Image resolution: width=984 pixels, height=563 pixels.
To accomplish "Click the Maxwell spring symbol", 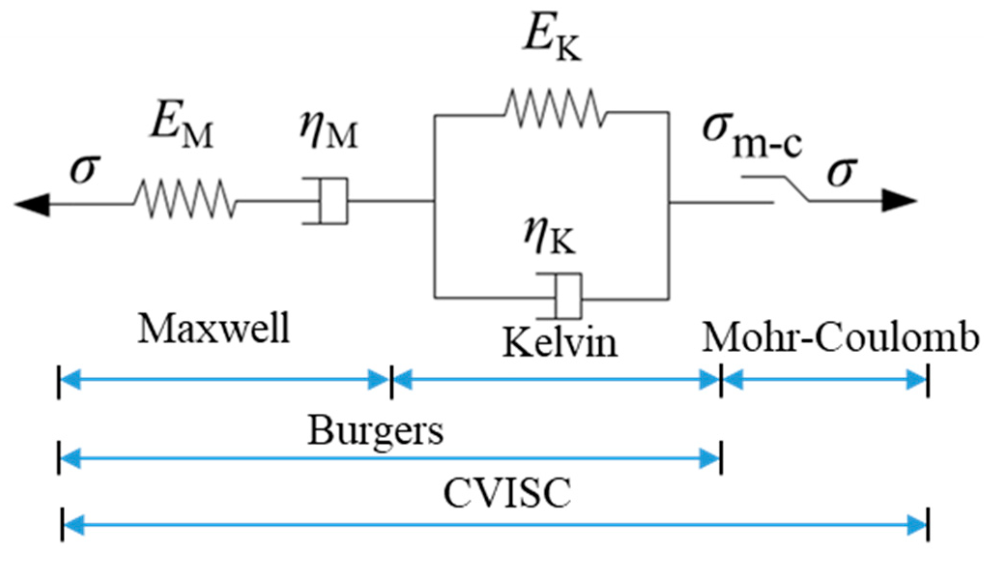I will tap(185, 199).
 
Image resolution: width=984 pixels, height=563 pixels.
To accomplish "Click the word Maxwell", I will tap(214, 329).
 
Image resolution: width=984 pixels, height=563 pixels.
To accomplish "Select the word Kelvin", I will tap(560, 342).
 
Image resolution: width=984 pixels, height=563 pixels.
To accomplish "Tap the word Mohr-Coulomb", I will tap(840, 337).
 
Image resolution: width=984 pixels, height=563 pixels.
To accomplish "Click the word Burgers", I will tap(376, 430).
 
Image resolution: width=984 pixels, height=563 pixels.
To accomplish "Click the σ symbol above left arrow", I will tap(85, 169).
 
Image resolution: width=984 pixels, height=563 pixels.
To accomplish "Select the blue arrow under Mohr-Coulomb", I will tap(825, 380).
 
